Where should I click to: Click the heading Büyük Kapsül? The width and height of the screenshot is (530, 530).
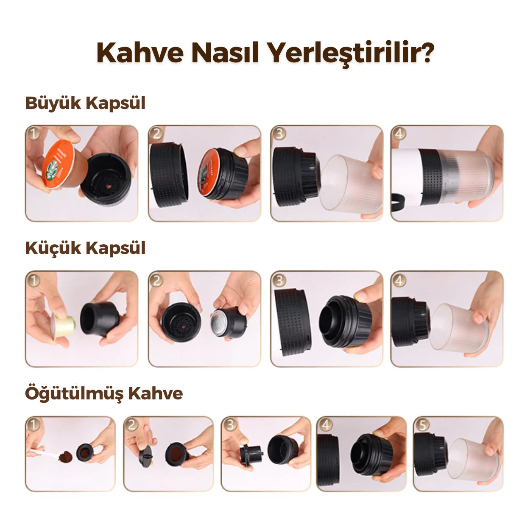[85, 103]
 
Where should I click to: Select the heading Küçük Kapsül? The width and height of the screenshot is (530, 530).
[85, 248]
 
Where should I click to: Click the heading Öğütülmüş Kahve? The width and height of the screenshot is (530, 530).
[104, 393]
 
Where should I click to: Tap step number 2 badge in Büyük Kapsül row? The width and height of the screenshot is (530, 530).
[156, 134]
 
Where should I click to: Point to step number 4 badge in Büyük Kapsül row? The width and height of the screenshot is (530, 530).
[399, 134]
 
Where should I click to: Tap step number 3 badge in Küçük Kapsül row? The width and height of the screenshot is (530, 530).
[279, 280]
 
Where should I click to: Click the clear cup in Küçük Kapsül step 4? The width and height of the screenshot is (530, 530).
[458, 326]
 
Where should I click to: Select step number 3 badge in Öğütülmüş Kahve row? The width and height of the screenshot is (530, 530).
[230, 424]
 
